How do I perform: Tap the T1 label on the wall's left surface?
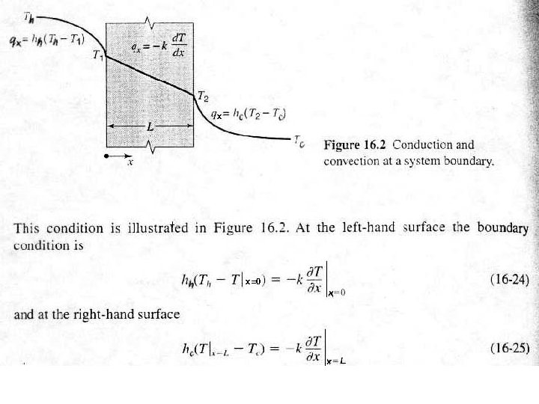[97, 55]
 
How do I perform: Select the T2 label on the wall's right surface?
[202, 95]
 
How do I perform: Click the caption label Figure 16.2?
[355, 144]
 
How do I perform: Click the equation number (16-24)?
[509, 281]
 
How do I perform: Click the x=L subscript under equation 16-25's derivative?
[334, 361]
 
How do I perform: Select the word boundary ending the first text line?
[502, 228]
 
